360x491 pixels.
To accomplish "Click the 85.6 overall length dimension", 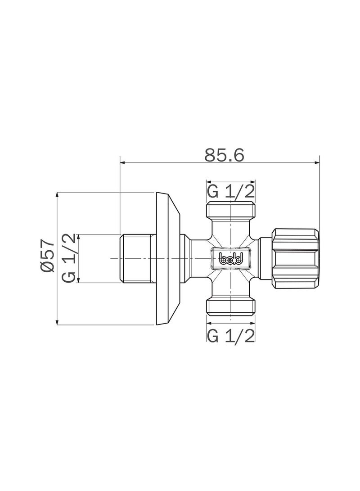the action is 224,155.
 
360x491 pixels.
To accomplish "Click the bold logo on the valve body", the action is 231,258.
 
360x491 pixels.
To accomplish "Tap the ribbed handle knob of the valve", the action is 295,258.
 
